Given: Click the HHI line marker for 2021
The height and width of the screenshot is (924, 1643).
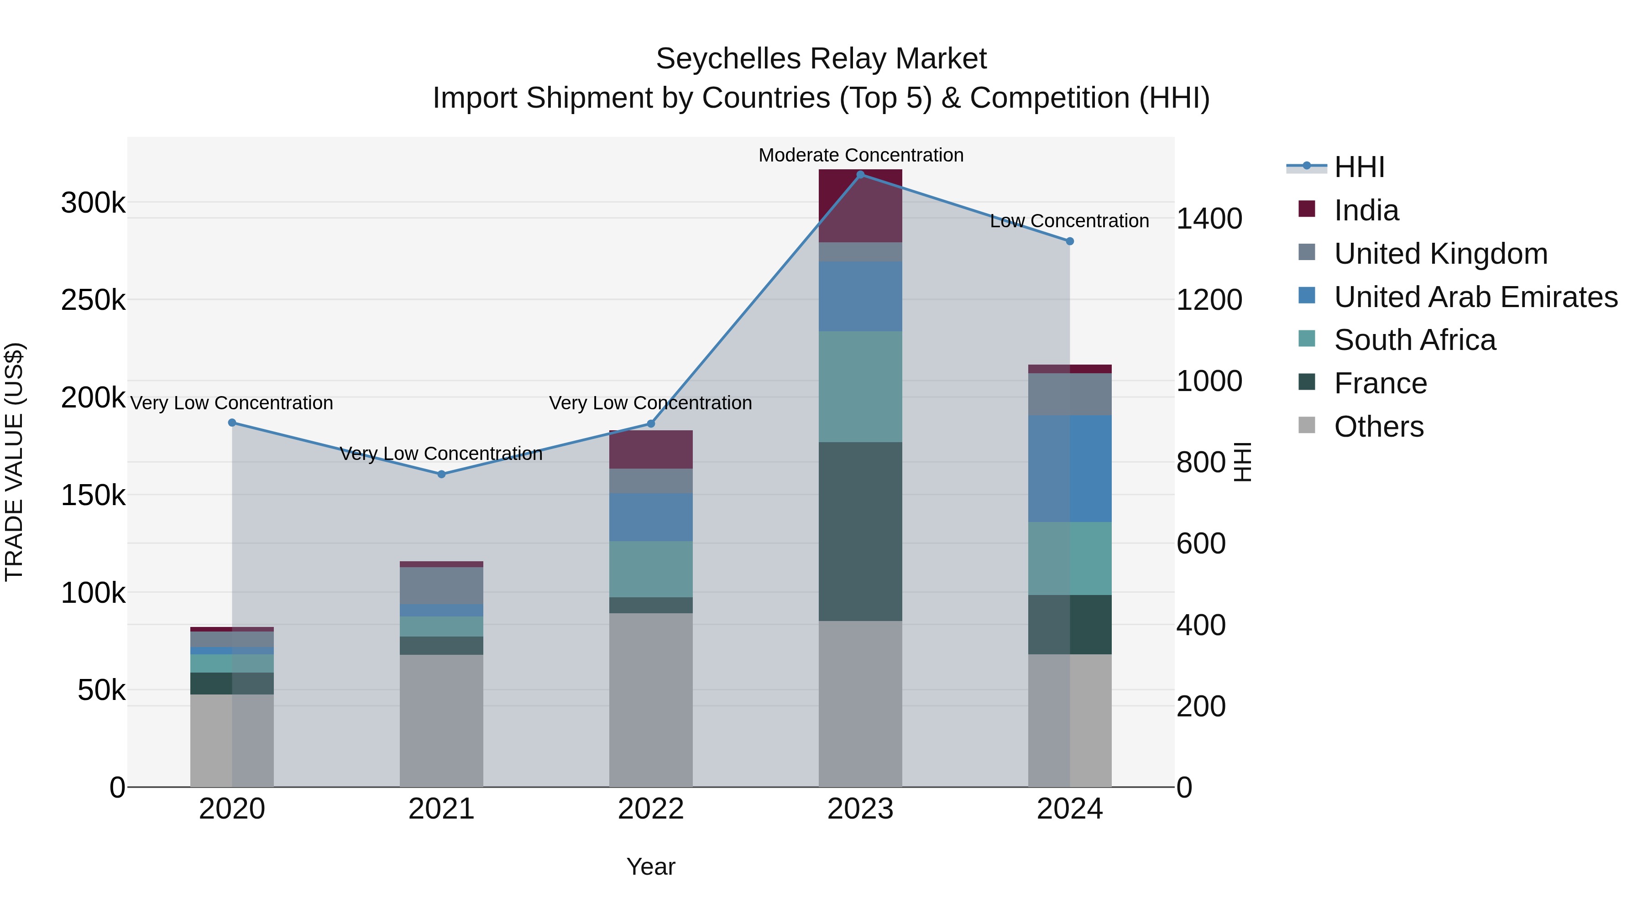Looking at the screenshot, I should (x=441, y=474).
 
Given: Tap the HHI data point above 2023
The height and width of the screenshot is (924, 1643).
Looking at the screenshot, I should (x=860, y=175).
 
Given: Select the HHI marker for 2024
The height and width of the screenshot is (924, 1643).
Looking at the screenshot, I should (x=1070, y=241).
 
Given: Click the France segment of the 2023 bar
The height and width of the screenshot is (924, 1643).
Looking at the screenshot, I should (x=860, y=531).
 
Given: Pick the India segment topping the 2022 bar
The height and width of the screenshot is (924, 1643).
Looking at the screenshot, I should (x=650, y=449).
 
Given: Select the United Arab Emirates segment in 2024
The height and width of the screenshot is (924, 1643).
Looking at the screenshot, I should (x=1070, y=468).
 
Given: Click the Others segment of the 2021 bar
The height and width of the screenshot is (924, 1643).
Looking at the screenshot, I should (x=441, y=720).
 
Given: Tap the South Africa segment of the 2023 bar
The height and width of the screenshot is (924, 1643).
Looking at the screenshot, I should (x=860, y=386).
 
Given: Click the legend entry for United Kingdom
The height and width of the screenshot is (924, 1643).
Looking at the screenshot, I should (x=1440, y=254).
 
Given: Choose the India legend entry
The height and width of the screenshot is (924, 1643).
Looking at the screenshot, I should (x=1366, y=210).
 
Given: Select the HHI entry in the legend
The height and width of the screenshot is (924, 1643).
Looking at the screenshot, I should (x=1359, y=167).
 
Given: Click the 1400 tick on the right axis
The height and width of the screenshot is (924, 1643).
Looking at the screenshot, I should (x=1209, y=219).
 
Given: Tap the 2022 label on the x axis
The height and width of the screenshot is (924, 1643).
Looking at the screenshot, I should (x=650, y=809).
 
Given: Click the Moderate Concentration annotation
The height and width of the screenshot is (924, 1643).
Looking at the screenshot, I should (x=860, y=155).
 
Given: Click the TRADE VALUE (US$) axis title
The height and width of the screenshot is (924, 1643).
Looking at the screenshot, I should (x=14, y=462).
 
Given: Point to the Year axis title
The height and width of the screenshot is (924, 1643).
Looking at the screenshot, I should (x=650, y=867).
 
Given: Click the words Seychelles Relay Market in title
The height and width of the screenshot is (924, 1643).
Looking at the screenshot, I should (x=821, y=59).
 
